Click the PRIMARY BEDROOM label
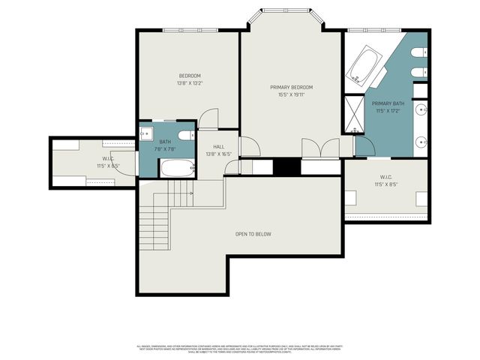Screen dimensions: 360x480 tap(291, 88)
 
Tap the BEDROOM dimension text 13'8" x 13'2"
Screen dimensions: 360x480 tap(190, 83)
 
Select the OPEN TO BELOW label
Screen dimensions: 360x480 tap(253, 235)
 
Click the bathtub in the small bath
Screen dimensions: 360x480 tap(178, 168)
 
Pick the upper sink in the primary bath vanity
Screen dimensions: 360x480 tap(421, 110)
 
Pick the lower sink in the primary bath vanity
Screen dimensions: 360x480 tap(421, 140)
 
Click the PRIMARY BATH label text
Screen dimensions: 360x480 tap(388, 103)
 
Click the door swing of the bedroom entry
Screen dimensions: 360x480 tap(208, 119)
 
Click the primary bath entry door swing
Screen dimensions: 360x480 tap(364, 145)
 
